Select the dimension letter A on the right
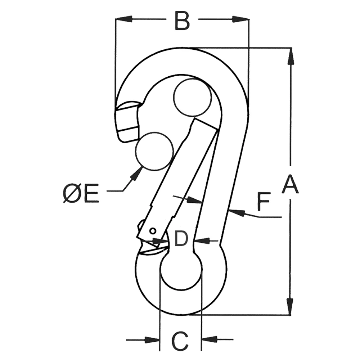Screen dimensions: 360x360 (290, 184)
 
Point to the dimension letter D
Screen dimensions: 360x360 (181, 239)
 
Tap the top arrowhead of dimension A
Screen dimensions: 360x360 (291, 56)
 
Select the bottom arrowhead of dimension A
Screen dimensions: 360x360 (291, 306)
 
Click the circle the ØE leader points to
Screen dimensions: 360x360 (153, 151)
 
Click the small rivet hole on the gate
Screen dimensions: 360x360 (153, 231)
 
